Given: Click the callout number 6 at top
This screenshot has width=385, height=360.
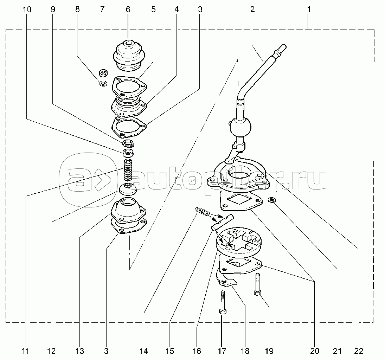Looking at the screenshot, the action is pyautogui.click(x=128, y=9).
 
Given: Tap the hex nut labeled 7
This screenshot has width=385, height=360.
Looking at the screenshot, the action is pyautogui.click(x=103, y=73).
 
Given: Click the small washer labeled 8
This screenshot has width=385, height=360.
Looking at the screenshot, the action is pyautogui.click(x=103, y=83).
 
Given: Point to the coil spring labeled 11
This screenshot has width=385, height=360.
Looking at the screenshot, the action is pyautogui.click(x=128, y=170).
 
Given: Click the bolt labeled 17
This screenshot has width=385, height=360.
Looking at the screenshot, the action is pyautogui.click(x=222, y=303).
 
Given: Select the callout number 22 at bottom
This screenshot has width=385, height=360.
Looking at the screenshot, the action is pyautogui.click(x=359, y=352).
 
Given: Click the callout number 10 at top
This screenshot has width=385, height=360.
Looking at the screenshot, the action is pyautogui.click(x=27, y=9).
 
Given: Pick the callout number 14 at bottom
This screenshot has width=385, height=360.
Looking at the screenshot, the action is pyautogui.click(x=144, y=352).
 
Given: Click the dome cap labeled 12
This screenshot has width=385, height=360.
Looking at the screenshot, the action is pyautogui.click(x=128, y=188).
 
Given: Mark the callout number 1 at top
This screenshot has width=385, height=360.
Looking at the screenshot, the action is pyautogui.click(x=309, y=9).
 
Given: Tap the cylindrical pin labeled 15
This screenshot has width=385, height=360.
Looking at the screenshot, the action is pyautogui.click(x=223, y=222).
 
